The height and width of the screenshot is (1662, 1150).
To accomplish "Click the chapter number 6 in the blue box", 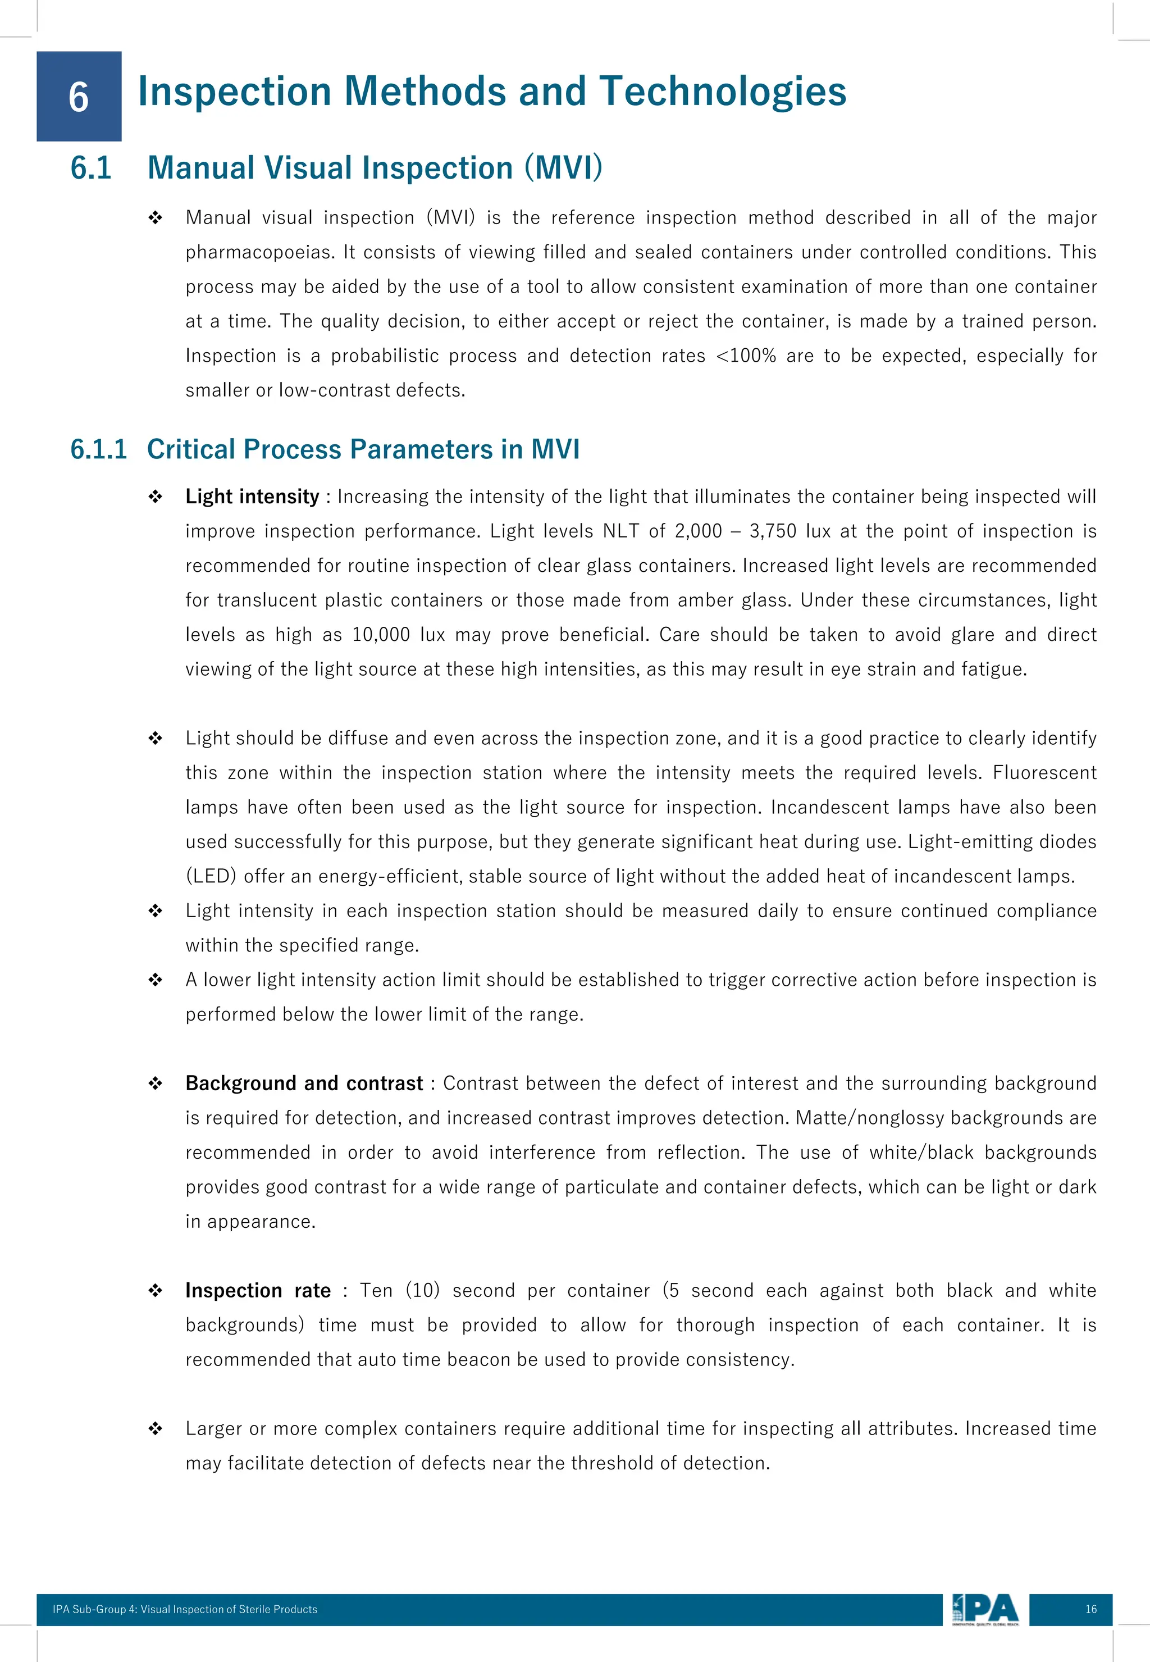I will point(79,97).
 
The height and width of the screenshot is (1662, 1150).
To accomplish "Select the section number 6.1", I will point(91,168).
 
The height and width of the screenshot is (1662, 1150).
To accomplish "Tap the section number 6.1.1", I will point(99,449).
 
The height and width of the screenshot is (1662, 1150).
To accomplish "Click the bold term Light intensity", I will point(252,497).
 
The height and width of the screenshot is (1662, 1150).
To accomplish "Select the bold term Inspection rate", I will point(257,1290).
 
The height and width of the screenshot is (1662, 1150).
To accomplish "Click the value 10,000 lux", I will point(398,635).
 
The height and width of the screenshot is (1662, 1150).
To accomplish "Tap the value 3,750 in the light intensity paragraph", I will point(773,531).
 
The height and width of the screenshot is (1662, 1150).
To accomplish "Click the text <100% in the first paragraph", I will point(746,356).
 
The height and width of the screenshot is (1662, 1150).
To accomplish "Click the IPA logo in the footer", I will point(985,1609).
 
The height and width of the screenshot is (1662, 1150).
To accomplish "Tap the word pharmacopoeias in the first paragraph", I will point(260,253).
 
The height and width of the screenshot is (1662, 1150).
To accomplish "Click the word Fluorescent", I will point(1043,773).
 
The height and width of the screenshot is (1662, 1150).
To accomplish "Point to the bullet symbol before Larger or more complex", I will point(155,1428).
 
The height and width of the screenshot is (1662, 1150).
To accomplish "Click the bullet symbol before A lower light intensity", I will point(155,980).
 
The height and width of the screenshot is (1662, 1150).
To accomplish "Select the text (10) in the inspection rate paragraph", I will point(422,1290).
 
